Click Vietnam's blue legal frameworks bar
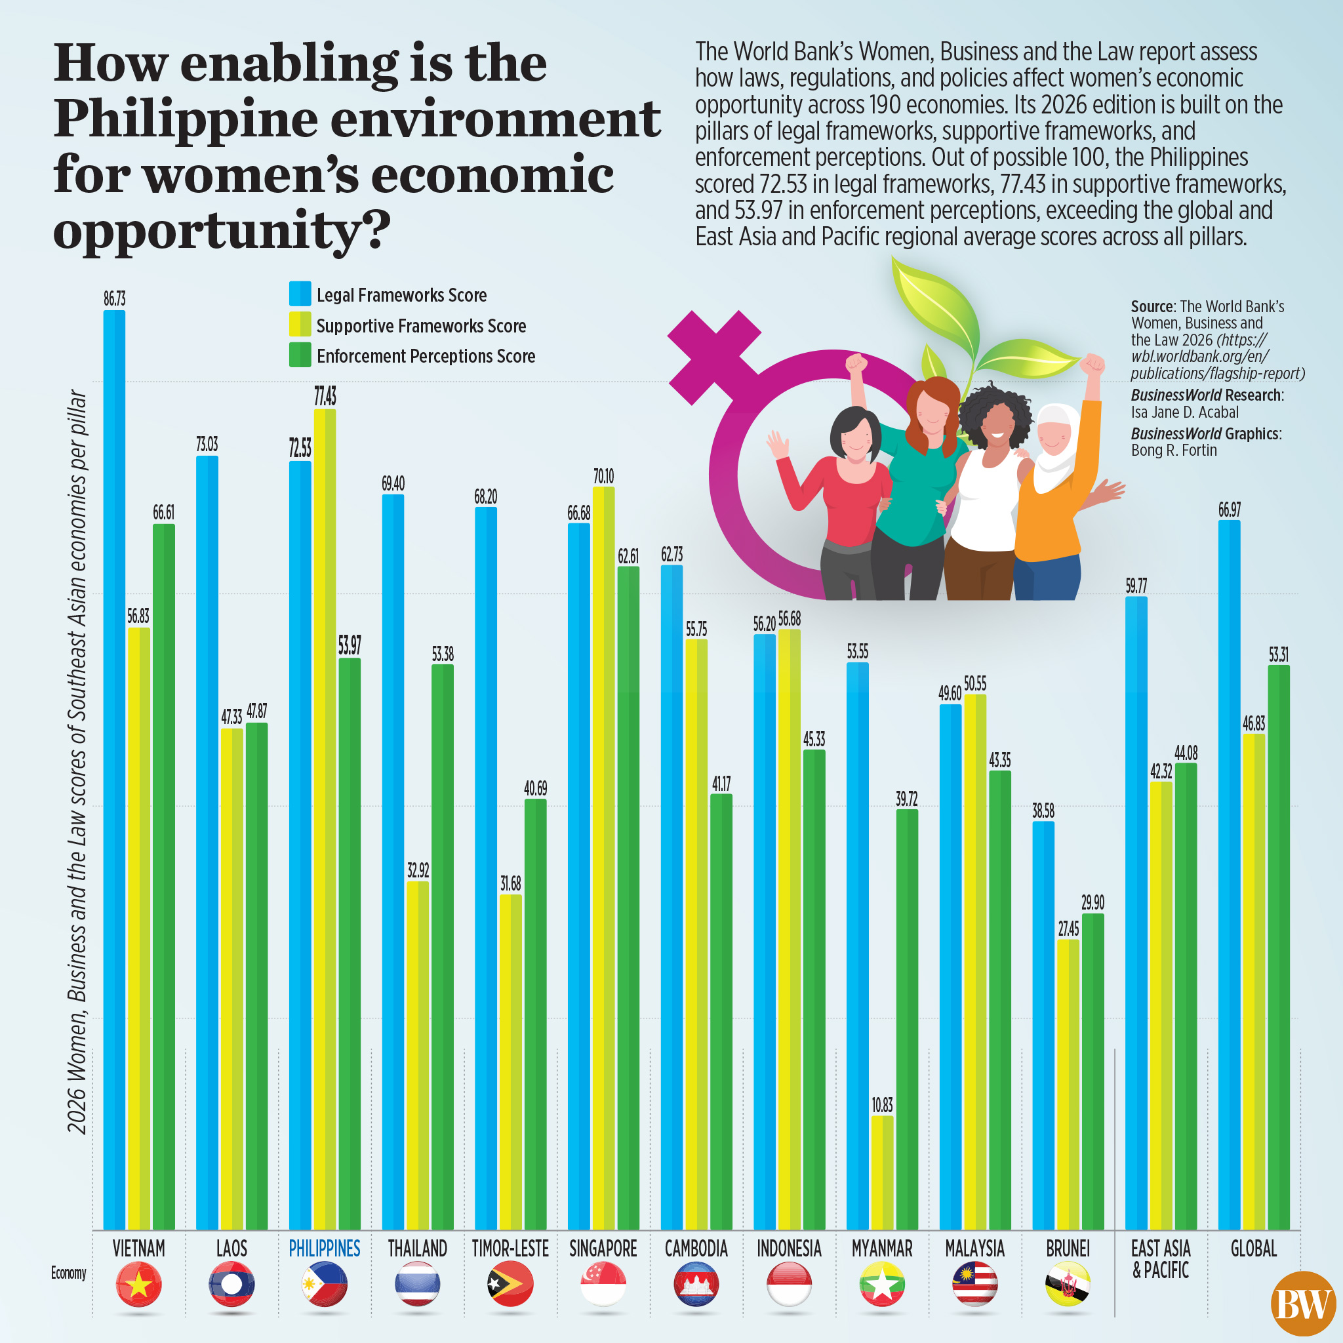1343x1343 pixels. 114,765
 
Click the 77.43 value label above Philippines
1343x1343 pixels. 325,396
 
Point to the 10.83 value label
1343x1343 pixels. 882,1104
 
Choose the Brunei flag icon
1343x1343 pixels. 1068,1285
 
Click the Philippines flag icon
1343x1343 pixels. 324,1285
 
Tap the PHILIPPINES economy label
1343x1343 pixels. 324,1249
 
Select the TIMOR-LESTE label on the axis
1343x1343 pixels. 510,1249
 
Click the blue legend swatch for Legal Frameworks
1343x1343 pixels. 300,294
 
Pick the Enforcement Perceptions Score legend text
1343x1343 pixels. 426,356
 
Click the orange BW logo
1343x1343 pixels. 1303,1304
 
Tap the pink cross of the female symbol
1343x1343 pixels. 713,357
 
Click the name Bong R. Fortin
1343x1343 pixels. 1173,451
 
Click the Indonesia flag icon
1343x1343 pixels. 789,1285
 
